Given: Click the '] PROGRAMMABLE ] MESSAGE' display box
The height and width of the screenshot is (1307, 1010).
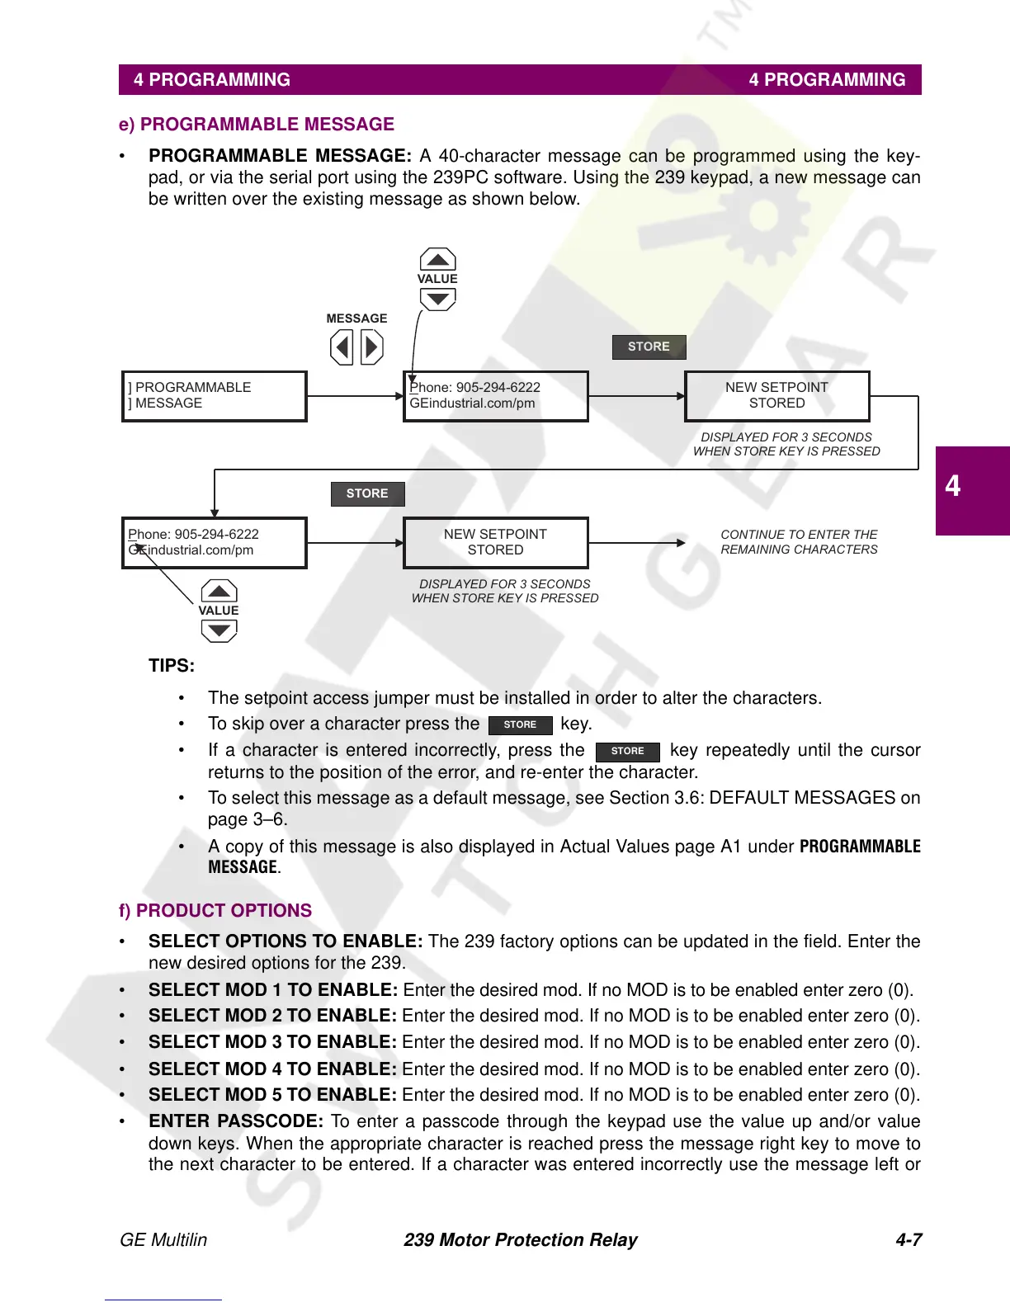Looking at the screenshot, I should [x=214, y=396].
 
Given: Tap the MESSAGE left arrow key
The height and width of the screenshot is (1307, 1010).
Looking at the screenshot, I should [x=342, y=347].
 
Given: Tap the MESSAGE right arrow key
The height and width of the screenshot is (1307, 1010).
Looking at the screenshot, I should [x=372, y=347].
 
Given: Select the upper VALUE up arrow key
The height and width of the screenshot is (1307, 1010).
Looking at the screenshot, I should [x=437, y=259].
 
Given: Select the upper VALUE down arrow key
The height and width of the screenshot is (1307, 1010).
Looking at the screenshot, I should [x=437, y=299].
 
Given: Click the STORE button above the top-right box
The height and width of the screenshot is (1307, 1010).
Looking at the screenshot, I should [x=649, y=347].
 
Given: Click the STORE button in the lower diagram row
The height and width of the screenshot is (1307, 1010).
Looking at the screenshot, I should [x=367, y=493].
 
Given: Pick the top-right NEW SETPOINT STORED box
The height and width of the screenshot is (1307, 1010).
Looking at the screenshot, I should [x=776, y=396].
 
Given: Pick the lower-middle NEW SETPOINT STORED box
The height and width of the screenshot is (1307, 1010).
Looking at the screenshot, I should [x=495, y=543].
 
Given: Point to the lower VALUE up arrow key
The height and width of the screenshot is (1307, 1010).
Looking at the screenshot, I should [x=219, y=591].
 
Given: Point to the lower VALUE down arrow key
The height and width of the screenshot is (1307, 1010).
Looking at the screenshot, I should [x=219, y=631].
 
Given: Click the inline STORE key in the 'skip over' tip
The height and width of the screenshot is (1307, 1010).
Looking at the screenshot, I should [x=520, y=724].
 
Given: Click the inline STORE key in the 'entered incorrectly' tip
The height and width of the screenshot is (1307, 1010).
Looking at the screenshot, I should [x=627, y=751].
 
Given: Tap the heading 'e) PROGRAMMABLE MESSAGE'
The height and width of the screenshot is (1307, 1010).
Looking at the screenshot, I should [x=257, y=125].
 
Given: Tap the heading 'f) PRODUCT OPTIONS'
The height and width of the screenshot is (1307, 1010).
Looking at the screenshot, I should [x=215, y=911].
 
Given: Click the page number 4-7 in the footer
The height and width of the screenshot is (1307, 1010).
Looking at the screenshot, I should [x=909, y=1239].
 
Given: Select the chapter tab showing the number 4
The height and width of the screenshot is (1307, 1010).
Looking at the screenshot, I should [x=971, y=490].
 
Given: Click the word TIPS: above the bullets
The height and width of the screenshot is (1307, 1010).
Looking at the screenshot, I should [x=172, y=666].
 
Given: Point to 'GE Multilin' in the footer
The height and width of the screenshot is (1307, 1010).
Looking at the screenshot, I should [x=163, y=1239].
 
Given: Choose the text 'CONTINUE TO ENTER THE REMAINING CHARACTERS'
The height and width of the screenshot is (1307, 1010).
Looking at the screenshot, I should [x=799, y=542].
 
